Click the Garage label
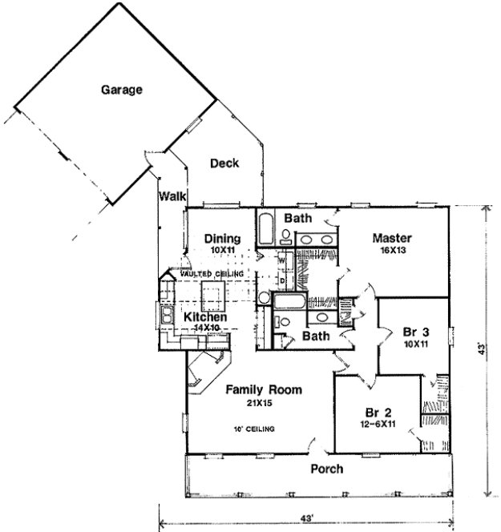point(122,90)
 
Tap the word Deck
point(224,163)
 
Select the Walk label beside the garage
point(172,195)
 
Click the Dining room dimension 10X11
point(220,251)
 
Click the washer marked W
point(282,260)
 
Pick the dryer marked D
point(282,280)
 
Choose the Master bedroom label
point(392,238)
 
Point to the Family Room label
point(263,390)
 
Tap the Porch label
point(326,469)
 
